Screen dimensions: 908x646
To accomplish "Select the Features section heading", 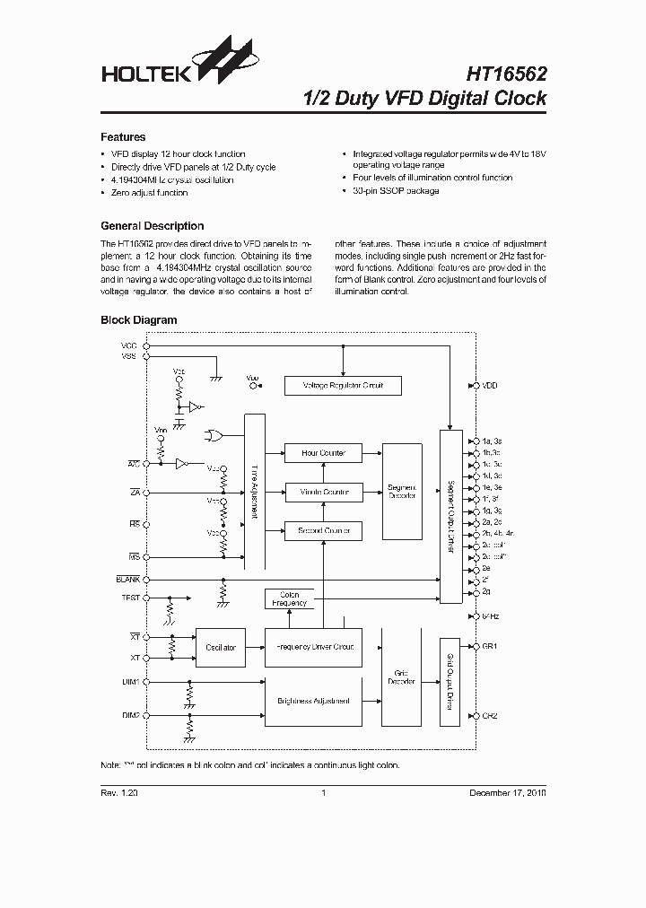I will (123, 137).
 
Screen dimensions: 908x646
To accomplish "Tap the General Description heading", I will (152, 226).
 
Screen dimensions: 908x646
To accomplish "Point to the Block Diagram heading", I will (138, 319).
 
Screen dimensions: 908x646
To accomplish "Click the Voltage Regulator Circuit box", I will (342, 385).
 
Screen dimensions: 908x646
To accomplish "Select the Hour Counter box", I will (323, 453).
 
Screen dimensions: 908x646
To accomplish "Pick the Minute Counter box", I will (323, 492).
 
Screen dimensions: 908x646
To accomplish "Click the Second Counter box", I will (323, 531).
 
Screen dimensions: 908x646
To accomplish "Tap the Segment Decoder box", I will (401, 492).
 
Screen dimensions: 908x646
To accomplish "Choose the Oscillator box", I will (220, 647).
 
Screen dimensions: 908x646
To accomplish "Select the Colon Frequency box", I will (289, 598).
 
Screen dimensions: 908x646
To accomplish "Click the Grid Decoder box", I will (401, 677).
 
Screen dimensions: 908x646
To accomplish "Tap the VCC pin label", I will (129, 345).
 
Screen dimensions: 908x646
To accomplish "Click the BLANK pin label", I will (127, 580).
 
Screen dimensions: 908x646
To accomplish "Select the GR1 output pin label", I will (490, 646).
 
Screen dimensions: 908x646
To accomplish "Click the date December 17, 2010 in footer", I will (508, 793).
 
